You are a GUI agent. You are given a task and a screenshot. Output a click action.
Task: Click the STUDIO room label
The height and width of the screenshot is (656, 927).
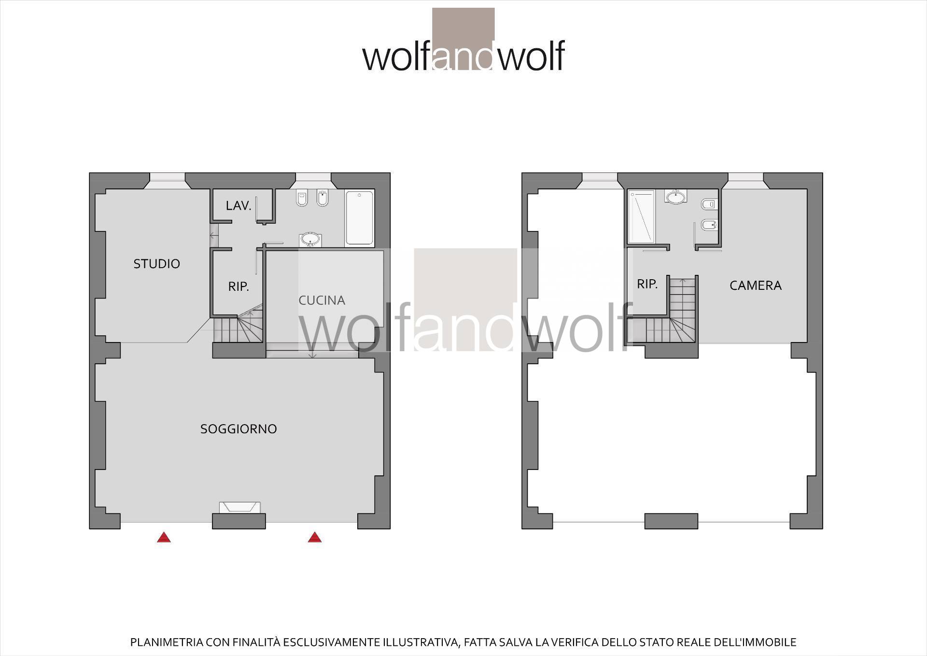click(156, 264)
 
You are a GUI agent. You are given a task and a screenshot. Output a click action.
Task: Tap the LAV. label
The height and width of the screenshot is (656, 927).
click(239, 206)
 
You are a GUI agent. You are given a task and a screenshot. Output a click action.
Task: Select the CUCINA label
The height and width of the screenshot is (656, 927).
click(322, 300)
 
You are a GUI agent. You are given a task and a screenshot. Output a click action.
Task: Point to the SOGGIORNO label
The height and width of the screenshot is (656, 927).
click(239, 429)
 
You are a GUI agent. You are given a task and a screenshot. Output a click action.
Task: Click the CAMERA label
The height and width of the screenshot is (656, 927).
click(756, 285)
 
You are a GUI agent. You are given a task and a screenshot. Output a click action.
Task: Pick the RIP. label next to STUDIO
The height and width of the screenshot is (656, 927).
click(239, 286)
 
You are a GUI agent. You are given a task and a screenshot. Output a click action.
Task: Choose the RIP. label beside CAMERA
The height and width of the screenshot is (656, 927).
click(647, 284)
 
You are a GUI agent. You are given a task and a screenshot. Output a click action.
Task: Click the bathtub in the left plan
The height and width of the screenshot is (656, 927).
click(359, 218)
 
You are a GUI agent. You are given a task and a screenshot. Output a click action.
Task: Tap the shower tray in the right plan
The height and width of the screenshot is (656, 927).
click(642, 216)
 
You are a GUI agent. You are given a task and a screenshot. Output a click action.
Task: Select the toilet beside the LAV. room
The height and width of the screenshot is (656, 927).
click(302, 199)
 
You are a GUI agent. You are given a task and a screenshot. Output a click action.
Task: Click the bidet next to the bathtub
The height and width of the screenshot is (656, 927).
click(322, 199)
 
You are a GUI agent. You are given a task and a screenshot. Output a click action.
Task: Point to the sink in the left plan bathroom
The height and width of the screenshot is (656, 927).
click(309, 239)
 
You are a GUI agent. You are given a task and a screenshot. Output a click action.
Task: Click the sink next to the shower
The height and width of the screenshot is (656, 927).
click(675, 197)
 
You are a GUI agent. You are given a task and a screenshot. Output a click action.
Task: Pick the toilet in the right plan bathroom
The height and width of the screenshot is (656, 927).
click(710, 204)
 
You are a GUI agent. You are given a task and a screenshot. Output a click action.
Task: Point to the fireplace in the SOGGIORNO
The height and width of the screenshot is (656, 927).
click(239, 508)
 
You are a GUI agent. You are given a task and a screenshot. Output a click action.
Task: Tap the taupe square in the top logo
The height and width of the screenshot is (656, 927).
click(463, 25)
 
